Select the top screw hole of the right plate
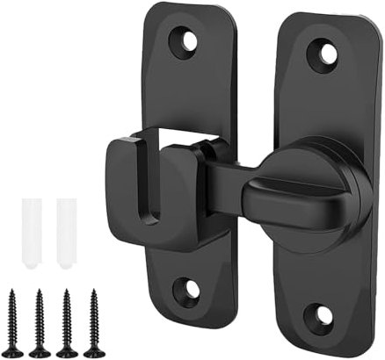tap(328, 54)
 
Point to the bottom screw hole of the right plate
tap(322, 315)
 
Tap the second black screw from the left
tap(40, 321)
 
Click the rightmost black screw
tap(92, 321)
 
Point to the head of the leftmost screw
tap(13, 350)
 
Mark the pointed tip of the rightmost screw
tap(92, 291)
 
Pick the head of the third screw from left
tap(66, 350)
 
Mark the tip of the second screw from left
tap(40, 291)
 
